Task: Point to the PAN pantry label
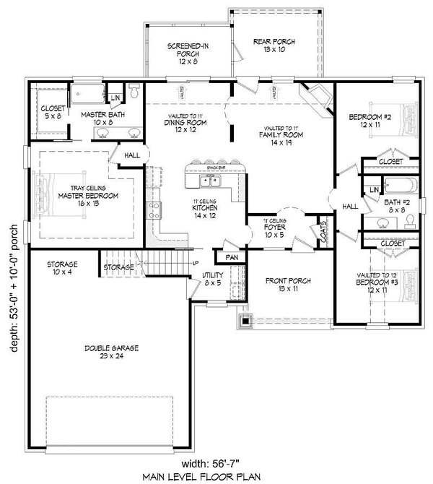coord(232,257)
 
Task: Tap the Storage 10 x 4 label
coord(64,268)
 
